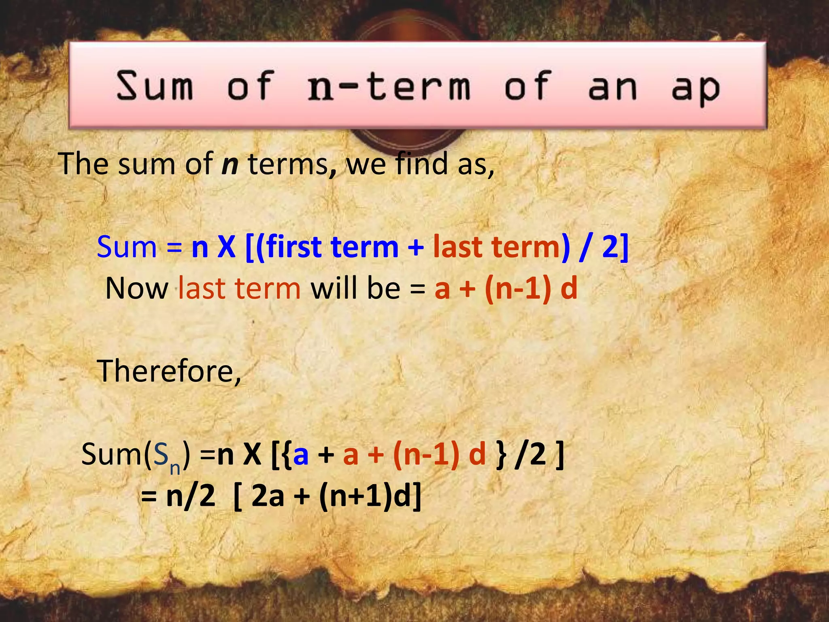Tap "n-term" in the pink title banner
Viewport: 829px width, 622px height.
point(389,86)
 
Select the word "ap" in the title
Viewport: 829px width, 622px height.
point(695,88)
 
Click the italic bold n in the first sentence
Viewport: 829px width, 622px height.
point(230,164)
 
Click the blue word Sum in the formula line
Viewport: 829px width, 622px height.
point(127,247)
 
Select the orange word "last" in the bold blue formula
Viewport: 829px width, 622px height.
point(457,247)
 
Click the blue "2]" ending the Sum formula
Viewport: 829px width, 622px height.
point(615,247)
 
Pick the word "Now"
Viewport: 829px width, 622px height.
point(137,288)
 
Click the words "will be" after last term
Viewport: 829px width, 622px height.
point(355,288)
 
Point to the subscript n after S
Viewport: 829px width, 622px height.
point(175,468)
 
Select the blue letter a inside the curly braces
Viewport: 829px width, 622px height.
point(301,454)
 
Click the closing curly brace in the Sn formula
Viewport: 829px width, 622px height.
point(502,454)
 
